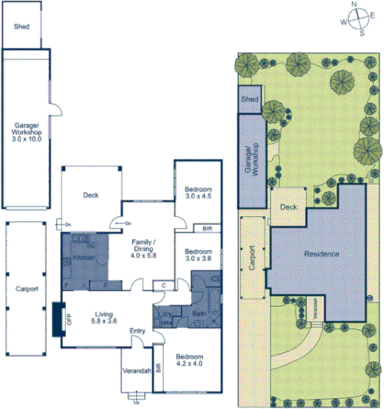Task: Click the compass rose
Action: point(356,18)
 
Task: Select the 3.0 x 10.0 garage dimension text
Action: point(27,140)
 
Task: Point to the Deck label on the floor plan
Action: point(90,195)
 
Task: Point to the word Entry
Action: point(137,332)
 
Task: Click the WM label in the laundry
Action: point(167,322)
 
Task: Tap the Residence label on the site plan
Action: point(321,255)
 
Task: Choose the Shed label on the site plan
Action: point(249,99)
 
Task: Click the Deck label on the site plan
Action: point(288,207)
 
